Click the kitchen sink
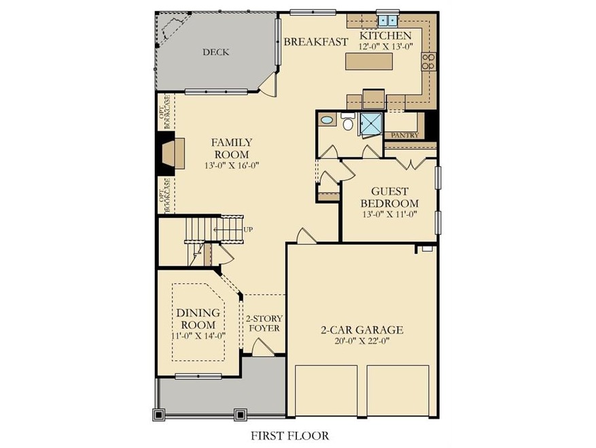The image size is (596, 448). coord(387,20)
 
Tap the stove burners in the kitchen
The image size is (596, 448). coord(428,62)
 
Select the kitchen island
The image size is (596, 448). coord(369,61)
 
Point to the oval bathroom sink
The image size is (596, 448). coord(327,121)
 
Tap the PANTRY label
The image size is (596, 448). coord(405,135)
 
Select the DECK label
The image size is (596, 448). coord(215,52)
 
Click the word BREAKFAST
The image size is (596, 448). coord(316,42)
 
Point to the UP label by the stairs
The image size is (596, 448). coord(248,229)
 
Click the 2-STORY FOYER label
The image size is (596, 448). coord(264,323)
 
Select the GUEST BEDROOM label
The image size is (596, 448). coord(389,197)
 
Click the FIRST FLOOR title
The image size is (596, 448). coord(290,435)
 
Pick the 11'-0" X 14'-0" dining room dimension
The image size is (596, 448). coord(198,336)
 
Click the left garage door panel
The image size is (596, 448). coord(326,391)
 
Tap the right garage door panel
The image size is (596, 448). coord(398,391)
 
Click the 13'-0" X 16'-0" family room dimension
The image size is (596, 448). coord(232,165)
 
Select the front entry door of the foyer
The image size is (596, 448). coord(262,347)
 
